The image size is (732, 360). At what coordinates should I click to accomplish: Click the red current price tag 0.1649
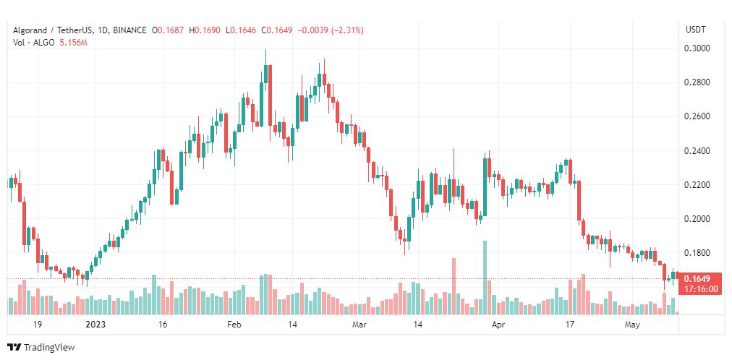click(x=697, y=279)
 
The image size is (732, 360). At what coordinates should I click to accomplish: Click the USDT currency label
click(x=696, y=30)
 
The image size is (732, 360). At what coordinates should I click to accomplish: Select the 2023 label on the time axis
click(x=95, y=325)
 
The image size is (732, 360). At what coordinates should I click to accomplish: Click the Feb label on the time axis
click(x=232, y=325)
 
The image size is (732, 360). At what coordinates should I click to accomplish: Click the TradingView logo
click(x=41, y=348)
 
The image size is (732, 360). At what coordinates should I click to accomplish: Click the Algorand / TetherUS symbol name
click(x=52, y=31)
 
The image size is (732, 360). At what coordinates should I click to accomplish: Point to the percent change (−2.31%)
click(x=347, y=31)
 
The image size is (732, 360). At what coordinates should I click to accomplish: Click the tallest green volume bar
click(x=485, y=278)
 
